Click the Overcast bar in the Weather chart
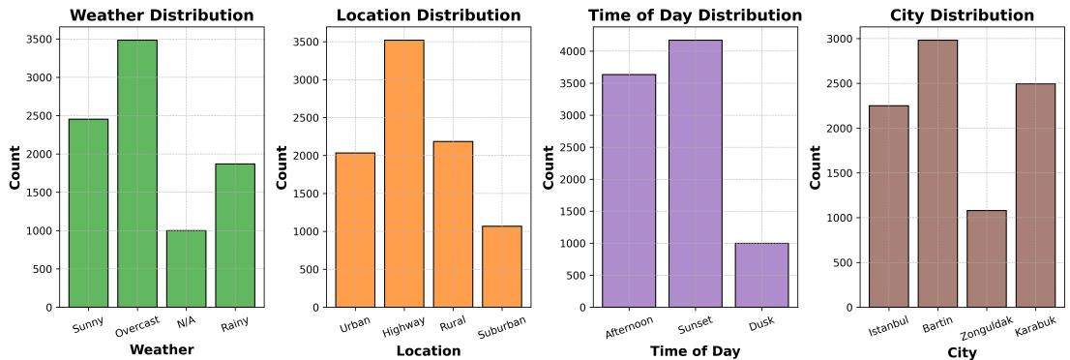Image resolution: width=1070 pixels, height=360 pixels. click(x=137, y=174)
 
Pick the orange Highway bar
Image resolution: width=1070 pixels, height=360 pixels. click(x=403, y=174)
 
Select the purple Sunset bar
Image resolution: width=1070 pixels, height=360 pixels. click(x=695, y=174)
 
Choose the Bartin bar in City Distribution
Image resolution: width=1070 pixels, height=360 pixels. click(x=937, y=174)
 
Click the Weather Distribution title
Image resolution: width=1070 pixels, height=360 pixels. click(x=162, y=15)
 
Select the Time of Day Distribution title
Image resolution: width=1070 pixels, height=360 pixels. click(x=695, y=15)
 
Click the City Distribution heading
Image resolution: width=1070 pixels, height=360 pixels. click(x=962, y=15)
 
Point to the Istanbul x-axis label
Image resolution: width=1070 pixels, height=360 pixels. click(x=889, y=326)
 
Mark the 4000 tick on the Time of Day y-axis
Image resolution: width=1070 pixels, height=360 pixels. click(x=574, y=51)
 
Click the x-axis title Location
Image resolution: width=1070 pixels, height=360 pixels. click(x=428, y=350)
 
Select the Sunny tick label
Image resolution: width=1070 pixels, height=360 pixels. click(x=88, y=321)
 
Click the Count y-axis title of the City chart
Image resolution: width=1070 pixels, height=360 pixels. click(x=816, y=166)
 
